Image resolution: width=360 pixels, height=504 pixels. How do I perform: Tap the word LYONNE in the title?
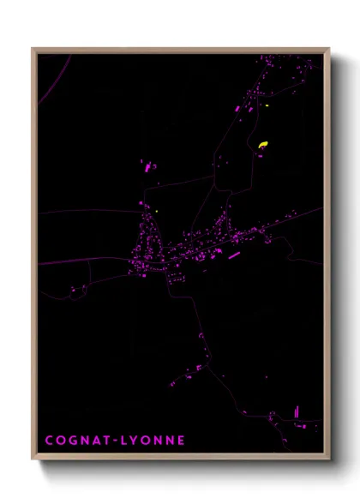(153, 441)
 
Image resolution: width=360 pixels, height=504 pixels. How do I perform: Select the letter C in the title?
(50, 441)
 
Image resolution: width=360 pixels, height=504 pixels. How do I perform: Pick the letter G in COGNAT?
(75, 441)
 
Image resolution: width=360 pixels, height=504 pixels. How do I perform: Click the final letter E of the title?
(181, 441)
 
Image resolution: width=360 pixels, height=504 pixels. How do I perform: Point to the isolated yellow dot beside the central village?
(159, 210)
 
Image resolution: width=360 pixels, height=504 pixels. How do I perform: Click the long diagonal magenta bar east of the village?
(233, 254)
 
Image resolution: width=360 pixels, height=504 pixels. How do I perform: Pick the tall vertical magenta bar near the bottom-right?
(297, 412)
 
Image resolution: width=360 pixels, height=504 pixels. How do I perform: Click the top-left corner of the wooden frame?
(33, 50)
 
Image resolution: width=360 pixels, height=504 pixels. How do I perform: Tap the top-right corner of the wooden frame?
(328, 50)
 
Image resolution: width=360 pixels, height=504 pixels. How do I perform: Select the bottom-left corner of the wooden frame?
(33, 459)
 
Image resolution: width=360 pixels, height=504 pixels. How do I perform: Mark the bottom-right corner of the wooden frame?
(328, 459)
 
